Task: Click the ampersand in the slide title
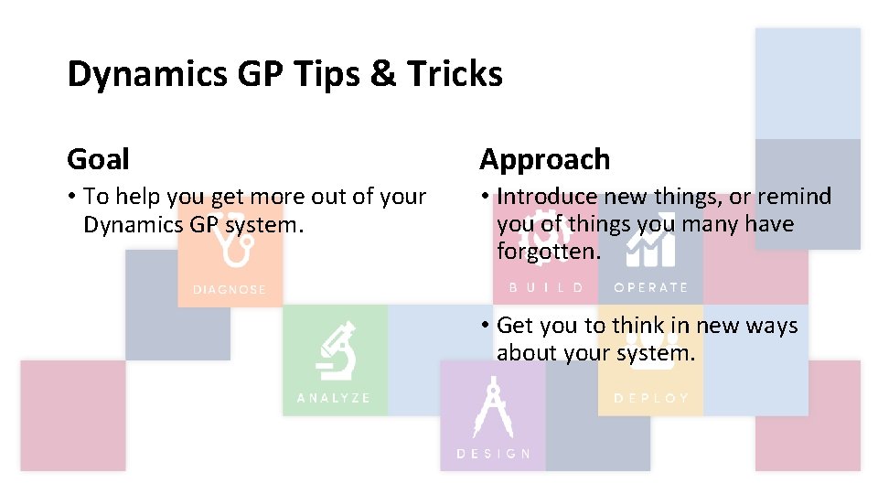pos(381,74)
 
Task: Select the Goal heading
pos(98,159)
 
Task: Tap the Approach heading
pos(544,159)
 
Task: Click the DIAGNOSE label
pos(229,290)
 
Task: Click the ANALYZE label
pos(334,398)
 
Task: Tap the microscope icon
pos(335,351)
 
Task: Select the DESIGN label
pos(493,454)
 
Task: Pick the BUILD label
pos(546,287)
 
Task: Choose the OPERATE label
pos(650,287)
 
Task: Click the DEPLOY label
pos(651,398)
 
